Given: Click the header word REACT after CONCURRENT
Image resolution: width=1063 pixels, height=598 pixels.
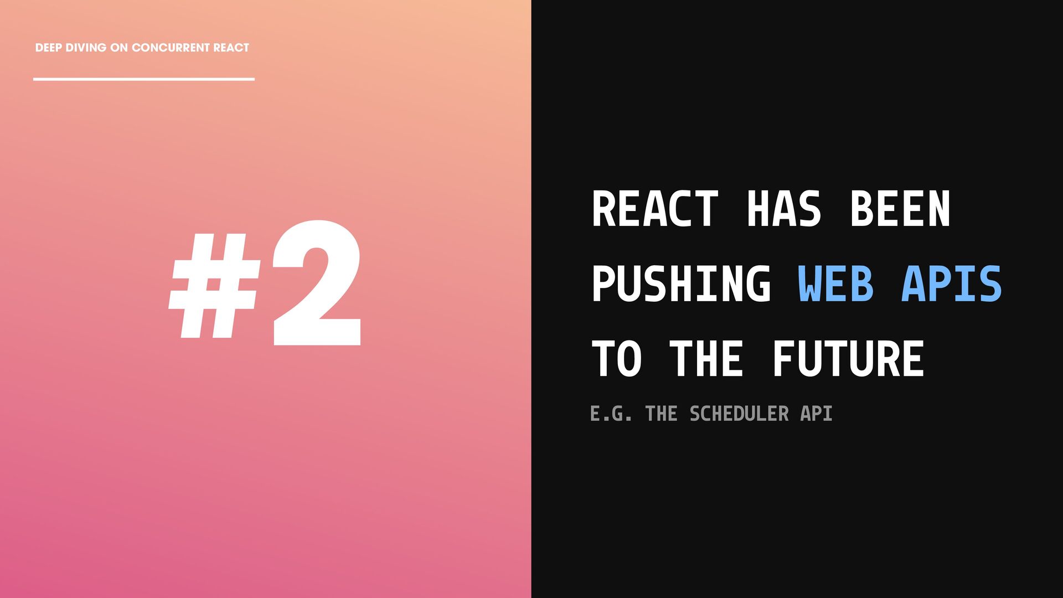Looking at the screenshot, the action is [231, 48].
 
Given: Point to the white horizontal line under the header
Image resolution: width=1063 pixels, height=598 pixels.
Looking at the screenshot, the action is [144, 79].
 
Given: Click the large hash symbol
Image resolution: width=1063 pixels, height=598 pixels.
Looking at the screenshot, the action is [215, 286].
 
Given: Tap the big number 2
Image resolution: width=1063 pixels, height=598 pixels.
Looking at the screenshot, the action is [316, 283].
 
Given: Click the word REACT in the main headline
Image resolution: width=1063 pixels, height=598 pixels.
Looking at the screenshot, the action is [656, 209].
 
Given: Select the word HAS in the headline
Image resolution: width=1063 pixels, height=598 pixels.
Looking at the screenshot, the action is [783, 209].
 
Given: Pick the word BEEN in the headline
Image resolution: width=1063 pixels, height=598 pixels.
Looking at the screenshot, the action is [900, 209].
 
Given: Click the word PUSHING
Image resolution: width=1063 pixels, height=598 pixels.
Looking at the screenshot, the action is [681, 283].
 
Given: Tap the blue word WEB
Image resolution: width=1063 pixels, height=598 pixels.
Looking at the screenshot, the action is [835, 283].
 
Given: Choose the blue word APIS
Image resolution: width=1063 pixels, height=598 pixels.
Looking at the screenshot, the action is [951, 283].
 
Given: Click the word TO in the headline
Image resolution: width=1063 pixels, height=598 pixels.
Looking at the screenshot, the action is [617, 359].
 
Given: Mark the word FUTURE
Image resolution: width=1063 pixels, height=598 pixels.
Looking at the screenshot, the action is [848, 359].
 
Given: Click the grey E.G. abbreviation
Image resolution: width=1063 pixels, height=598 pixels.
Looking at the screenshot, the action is [611, 414].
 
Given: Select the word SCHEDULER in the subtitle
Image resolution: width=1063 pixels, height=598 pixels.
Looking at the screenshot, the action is [739, 414].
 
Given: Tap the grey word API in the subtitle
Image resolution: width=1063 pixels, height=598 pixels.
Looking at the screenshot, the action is [816, 414].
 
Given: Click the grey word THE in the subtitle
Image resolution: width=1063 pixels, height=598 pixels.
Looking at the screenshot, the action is [662, 414].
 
